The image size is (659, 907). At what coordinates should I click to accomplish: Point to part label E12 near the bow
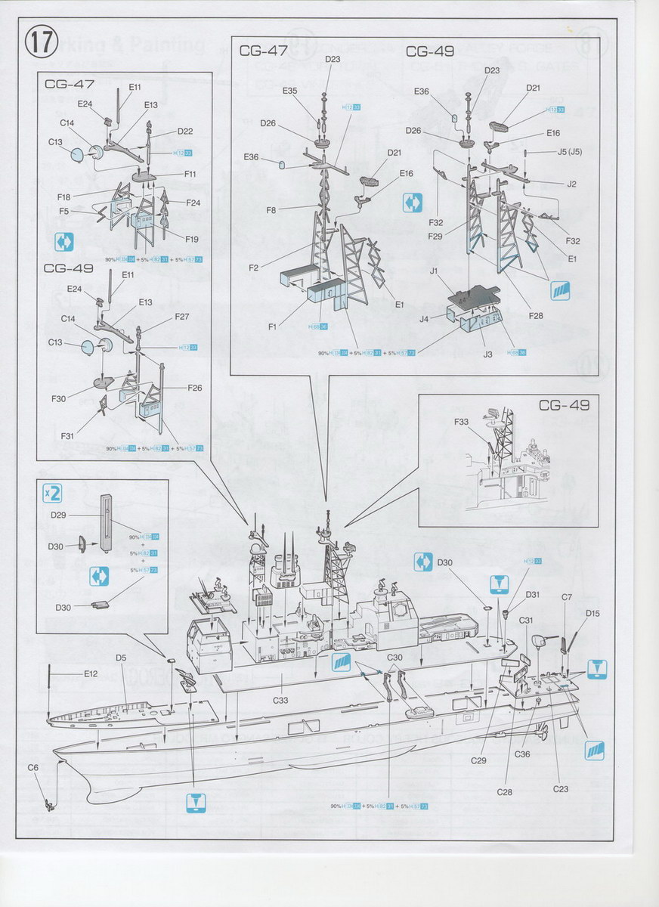pyautogui.click(x=91, y=673)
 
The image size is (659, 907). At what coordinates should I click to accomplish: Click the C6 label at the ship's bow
pyautogui.click(x=32, y=767)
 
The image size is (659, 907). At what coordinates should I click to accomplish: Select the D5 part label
pyautogui.click(x=121, y=658)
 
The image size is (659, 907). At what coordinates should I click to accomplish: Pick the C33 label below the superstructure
pyautogui.click(x=280, y=700)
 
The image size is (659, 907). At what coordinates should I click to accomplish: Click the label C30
pyautogui.click(x=394, y=658)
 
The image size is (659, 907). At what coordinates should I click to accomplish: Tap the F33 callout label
pyautogui.click(x=462, y=422)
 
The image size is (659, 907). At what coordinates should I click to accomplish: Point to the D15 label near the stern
pyautogui.click(x=592, y=613)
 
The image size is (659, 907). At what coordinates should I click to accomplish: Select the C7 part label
pyautogui.click(x=567, y=598)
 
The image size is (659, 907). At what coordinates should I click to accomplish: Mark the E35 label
pyautogui.click(x=290, y=91)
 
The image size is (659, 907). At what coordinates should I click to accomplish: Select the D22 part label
pyautogui.click(x=185, y=131)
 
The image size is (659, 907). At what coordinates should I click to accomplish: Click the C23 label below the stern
pyautogui.click(x=560, y=789)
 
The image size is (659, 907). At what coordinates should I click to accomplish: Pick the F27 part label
pyautogui.click(x=182, y=317)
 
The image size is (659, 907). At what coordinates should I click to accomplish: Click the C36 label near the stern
pyautogui.click(x=522, y=754)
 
